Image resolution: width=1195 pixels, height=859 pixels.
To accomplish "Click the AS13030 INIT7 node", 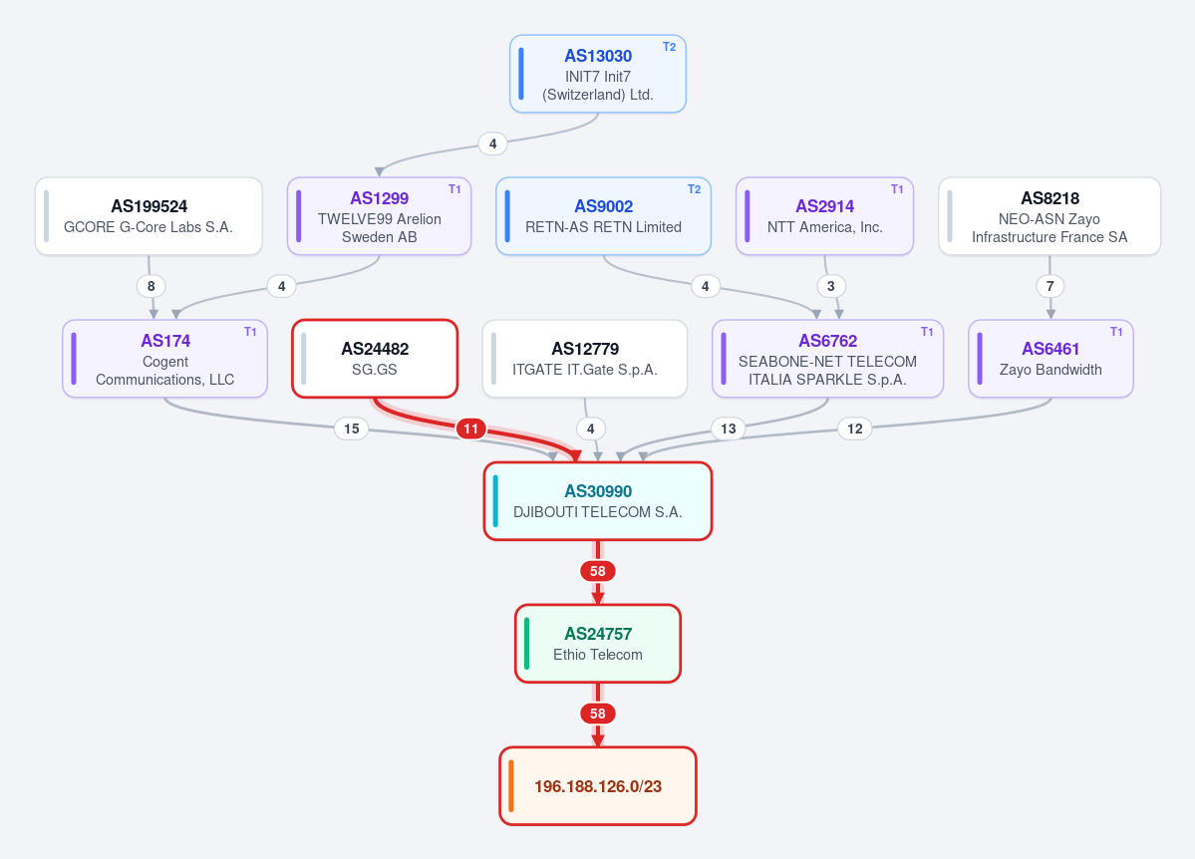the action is tap(598, 74).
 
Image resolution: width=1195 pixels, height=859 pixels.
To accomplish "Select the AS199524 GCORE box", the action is tap(149, 216).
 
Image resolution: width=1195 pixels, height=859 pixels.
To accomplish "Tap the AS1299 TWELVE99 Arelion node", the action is tap(379, 216).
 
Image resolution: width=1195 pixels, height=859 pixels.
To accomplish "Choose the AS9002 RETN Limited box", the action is tap(603, 216).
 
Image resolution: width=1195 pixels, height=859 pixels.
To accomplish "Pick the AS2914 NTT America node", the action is tap(824, 216).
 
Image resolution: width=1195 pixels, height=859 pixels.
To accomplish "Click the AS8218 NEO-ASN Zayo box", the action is tap(1049, 216).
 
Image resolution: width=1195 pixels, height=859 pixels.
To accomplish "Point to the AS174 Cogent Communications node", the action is tap(164, 359).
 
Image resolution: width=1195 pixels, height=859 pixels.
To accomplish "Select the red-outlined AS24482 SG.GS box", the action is tap(375, 359).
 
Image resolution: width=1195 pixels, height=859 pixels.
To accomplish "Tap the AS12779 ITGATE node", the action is tap(585, 359).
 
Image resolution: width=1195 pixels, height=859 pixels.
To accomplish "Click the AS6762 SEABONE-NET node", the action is tap(827, 359).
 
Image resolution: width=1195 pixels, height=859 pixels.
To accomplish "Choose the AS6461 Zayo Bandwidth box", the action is tap(1050, 359).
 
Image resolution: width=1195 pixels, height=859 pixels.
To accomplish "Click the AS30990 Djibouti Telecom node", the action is tap(598, 501).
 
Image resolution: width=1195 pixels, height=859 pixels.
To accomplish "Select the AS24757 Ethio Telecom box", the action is tap(598, 644).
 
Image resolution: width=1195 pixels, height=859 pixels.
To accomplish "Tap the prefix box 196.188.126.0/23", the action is tap(598, 786).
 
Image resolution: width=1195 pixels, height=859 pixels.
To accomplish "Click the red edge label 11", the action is tap(471, 429).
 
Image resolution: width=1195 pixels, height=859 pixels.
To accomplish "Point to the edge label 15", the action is tap(352, 429).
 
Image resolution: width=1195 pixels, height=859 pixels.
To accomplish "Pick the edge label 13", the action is tap(729, 429).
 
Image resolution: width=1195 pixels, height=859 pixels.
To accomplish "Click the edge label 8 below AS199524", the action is tap(150, 286).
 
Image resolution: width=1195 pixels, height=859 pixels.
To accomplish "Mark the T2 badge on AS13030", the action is tap(669, 47).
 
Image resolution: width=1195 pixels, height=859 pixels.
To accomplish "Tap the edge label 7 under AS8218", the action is tap(1050, 286).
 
